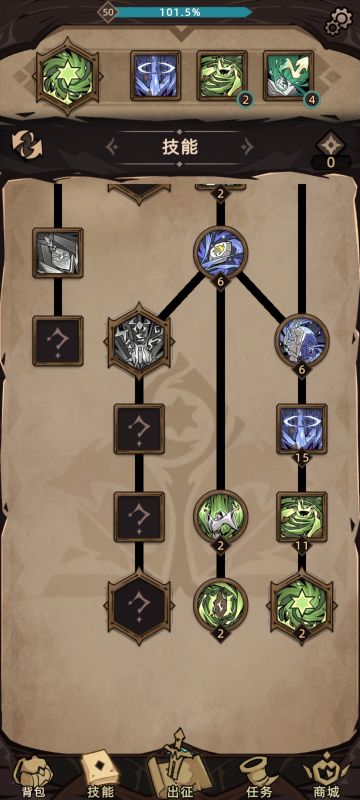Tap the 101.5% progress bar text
[x=180, y=12]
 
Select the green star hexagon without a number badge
[x=66, y=76]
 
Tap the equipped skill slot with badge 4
[x=288, y=76]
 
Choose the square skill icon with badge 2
[x=222, y=76]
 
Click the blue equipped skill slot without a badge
[x=156, y=76]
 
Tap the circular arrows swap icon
[x=27, y=144]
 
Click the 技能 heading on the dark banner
[x=180, y=146]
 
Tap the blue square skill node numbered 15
[x=301, y=430]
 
